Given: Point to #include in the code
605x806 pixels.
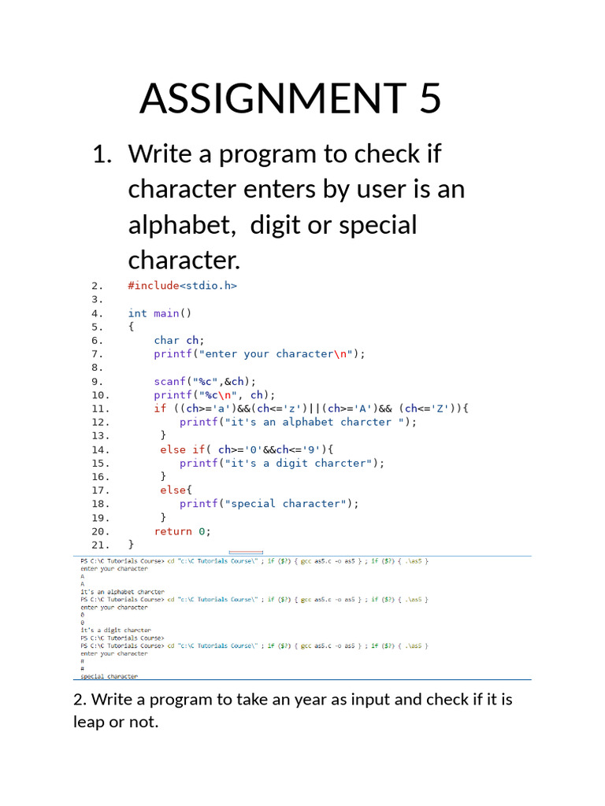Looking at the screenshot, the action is tap(153, 286).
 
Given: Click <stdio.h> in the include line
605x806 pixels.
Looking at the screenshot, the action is tap(209, 286).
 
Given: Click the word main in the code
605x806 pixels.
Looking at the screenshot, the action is tap(166, 313).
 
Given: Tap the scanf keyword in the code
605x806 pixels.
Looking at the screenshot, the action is tap(169, 381).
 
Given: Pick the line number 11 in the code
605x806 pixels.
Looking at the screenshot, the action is tap(100, 409).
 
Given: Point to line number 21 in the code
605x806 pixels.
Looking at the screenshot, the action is tap(100, 545).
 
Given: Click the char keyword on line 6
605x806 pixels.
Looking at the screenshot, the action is tap(166, 340).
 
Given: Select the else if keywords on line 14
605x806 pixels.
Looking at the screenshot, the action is tap(183, 449).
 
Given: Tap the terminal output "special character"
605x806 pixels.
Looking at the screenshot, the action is tap(109, 676).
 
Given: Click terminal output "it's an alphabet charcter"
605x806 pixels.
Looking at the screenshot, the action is tap(122, 592).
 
